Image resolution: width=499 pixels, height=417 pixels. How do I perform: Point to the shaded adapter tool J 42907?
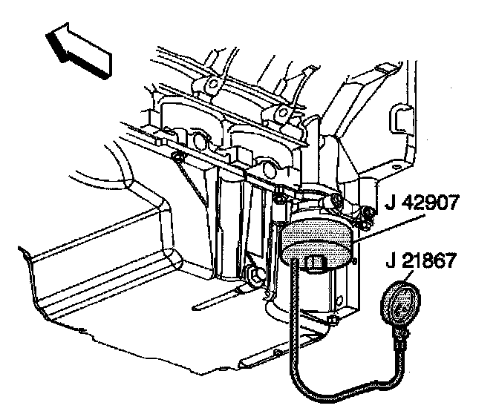tap(316, 241)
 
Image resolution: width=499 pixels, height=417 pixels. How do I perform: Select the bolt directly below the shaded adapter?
tap(333, 320)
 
